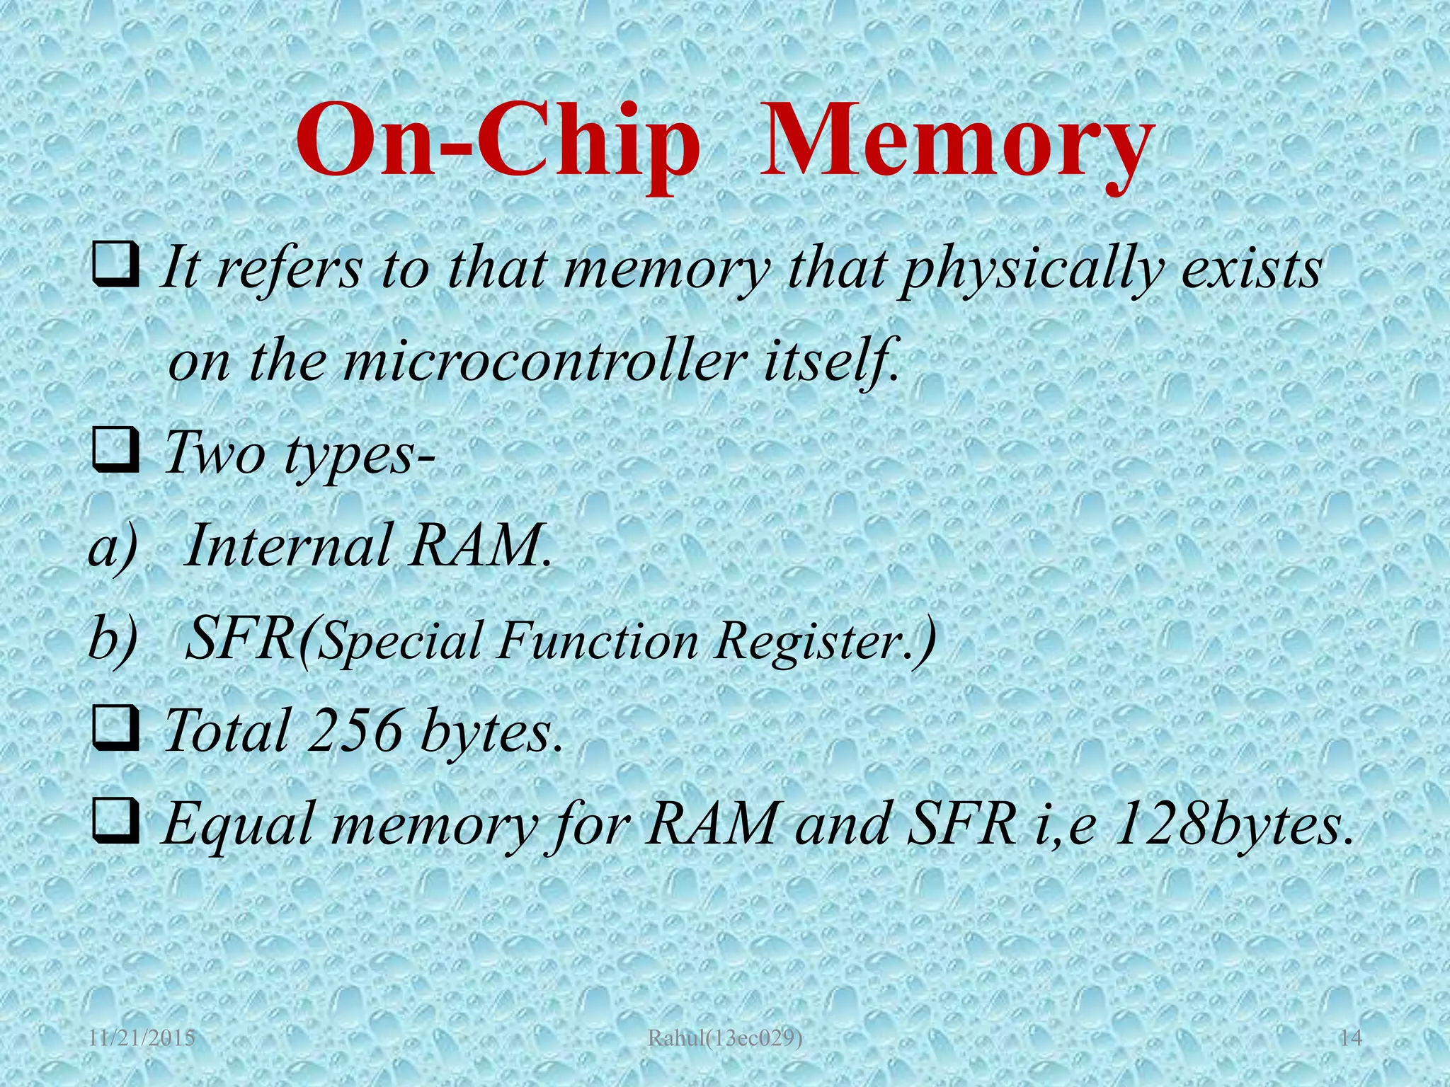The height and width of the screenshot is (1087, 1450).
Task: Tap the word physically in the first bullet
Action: click(1030, 272)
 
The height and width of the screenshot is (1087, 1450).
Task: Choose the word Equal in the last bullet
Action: click(237, 825)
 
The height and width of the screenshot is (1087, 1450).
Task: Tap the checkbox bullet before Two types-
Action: click(115, 453)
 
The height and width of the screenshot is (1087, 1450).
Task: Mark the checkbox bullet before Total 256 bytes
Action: click(115, 729)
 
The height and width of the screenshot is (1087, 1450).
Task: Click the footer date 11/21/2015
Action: click(142, 1040)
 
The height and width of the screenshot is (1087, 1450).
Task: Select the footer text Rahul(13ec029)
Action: click(726, 1040)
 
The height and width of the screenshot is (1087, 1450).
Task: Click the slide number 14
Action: click(1351, 1040)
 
